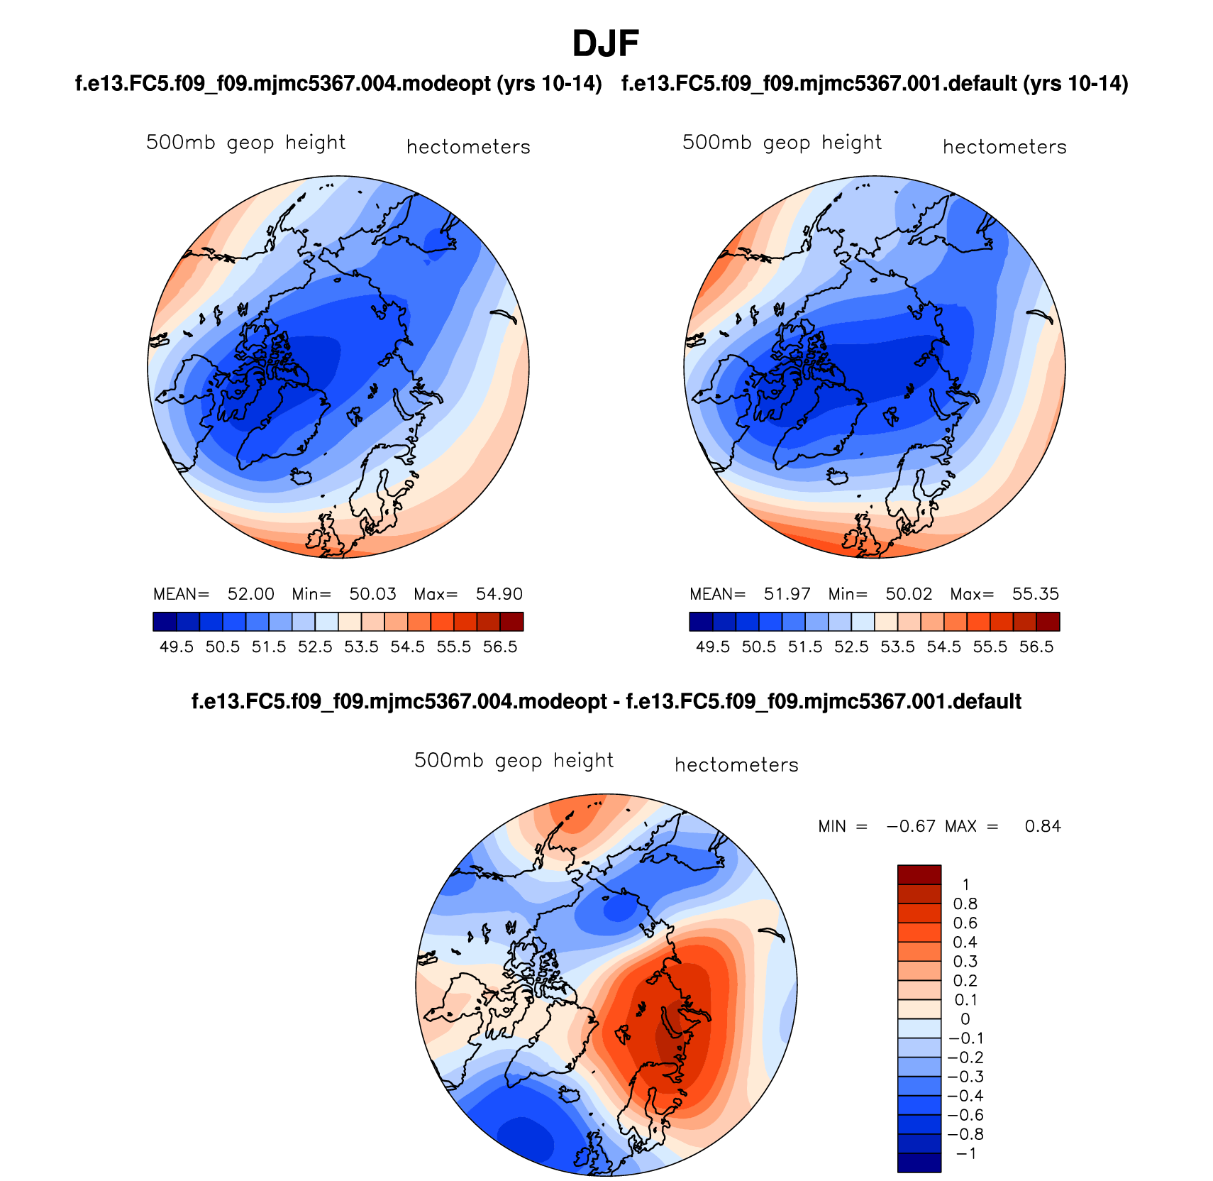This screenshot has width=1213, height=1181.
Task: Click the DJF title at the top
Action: coord(605,44)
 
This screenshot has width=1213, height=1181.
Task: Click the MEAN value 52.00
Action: coord(250,594)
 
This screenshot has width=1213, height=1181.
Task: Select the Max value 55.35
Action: coord(1035,594)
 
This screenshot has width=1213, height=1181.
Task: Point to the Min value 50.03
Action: coord(372,594)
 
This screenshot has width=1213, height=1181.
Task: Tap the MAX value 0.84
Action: coord(1043,826)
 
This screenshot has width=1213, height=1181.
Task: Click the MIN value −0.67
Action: coord(911,826)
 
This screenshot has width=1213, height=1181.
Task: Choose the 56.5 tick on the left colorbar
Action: coord(500,647)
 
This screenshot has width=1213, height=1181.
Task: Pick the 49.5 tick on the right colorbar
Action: coord(713,647)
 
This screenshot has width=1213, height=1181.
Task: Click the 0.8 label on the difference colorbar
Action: coord(965,903)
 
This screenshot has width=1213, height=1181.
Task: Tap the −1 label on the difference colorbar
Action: coord(965,1153)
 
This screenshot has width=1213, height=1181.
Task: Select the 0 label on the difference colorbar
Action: coord(965,1019)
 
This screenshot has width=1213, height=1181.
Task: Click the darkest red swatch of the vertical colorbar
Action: coord(919,874)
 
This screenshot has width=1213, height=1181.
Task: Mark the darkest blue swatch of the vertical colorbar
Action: coord(919,1163)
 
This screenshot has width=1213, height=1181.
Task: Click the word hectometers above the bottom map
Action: coord(736,765)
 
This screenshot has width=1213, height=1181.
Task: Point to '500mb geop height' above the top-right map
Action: coord(782,143)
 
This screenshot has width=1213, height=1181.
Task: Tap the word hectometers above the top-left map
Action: coord(468,147)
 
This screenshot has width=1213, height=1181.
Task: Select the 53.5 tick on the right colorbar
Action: coord(897,647)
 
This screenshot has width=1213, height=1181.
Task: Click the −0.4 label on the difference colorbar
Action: coord(965,1096)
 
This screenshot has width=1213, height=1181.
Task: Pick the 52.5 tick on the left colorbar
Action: coord(315,647)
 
